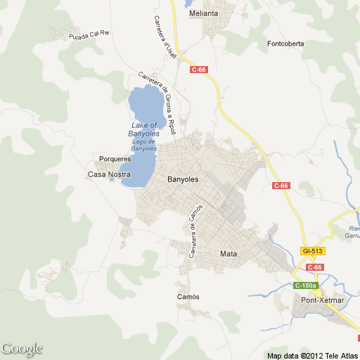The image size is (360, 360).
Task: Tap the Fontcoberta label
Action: click(x=285, y=44)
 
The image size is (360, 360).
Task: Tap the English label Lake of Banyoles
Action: click(x=145, y=129)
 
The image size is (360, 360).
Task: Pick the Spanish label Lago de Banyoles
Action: click(x=144, y=146)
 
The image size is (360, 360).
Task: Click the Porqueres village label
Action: click(x=116, y=159)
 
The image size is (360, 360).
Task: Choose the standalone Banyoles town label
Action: click(x=183, y=179)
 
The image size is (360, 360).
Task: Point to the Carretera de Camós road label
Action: click(x=195, y=231)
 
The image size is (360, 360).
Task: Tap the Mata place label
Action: click(x=229, y=254)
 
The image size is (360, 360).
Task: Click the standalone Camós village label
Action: click(x=188, y=297)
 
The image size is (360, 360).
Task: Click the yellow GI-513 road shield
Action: click(x=311, y=251)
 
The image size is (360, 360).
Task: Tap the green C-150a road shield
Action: click(x=306, y=285)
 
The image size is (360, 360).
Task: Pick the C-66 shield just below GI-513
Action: click(x=314, y=267)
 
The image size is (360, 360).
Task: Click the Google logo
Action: click(x=22, y=349)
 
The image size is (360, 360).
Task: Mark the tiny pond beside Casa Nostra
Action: click(x=112, y=179)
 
